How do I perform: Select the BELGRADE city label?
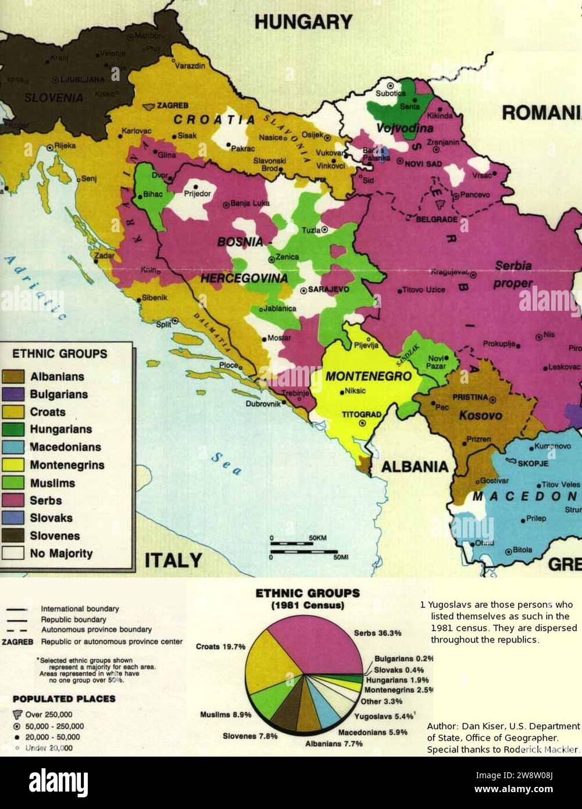436,219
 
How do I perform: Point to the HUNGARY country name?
304,22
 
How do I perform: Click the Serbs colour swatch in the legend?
13,500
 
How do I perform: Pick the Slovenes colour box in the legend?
13,535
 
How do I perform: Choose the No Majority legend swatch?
13,553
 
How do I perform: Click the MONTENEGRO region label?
368,376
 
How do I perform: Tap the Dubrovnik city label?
263,403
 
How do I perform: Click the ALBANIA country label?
415,466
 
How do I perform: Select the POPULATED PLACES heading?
64,698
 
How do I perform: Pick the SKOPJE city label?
533,463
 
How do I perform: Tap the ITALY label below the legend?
173,560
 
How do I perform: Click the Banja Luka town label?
250,204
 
